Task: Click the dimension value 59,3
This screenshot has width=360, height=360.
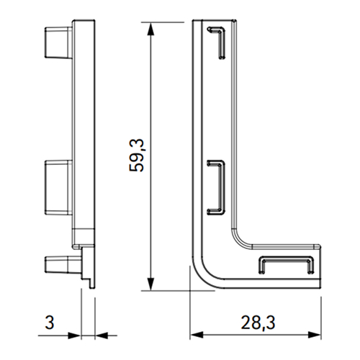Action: [x=137, y=156]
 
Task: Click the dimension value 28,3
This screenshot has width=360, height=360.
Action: [x=258, y=323]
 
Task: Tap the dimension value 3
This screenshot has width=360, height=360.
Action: [x=50, y=323]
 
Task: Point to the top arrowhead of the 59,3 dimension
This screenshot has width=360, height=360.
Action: [x=150, y=30]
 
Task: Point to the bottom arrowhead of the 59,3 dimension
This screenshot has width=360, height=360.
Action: [x=150, y=284]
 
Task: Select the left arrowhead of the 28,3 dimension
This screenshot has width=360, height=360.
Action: [x=197, y=335]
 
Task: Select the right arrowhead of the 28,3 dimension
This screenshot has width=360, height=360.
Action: [x=314, y=335]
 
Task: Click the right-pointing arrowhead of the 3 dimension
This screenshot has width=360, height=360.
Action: [x=74, y=336]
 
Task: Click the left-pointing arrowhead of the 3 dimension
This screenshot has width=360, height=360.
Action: [x=102, y=336]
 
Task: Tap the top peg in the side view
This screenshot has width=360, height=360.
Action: [x=58, y=42]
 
